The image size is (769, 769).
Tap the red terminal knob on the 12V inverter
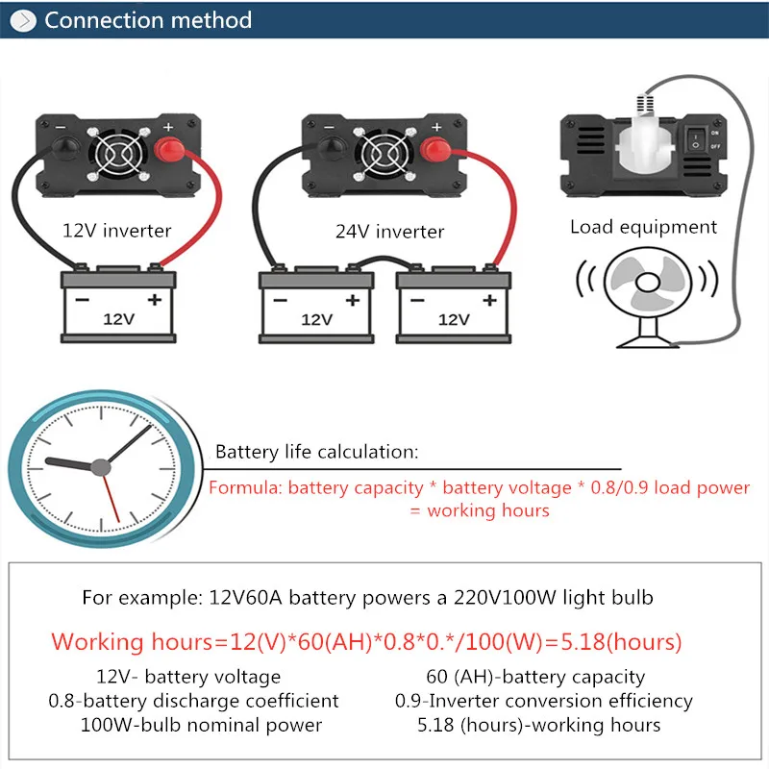point(170,150)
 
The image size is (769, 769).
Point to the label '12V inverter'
point(116,230)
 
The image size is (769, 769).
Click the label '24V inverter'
point(389,231)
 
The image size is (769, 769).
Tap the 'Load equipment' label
point(643,227)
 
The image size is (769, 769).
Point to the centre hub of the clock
point(100,467)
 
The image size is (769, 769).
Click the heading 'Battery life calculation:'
point(316,452)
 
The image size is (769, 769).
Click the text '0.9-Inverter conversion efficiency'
point(543,701)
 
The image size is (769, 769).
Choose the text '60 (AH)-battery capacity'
point(535,677)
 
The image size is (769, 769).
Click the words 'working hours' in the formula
point(488,510)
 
